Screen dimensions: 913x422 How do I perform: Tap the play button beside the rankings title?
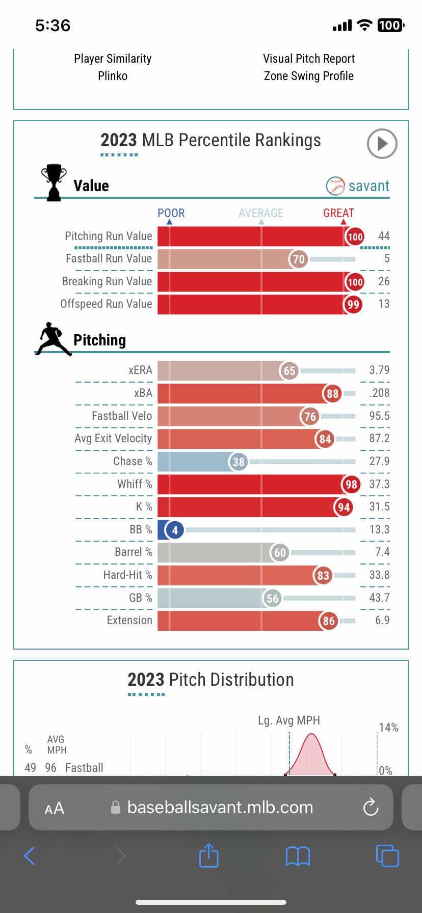[x=382, y=144]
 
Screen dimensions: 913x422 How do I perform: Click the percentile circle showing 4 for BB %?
[x=175, y=530]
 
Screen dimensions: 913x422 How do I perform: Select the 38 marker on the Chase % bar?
[x=239, y=462]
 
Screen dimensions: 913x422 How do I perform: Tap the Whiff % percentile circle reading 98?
[x=351, y=485]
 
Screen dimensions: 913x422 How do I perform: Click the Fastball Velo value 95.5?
[x=379, y=416]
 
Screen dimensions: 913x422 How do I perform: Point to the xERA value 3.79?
[x=379, y=370]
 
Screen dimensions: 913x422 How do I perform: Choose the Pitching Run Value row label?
[x=108, y=236]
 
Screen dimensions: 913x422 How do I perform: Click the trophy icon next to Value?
[x=53, y=182]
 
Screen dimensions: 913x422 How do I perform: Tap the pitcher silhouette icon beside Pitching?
[x=53, y=339]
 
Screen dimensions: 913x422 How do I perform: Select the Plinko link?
[x=113, y=76]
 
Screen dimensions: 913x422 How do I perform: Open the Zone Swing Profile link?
[x=308, y=76]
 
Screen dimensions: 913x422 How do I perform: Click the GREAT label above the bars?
[x=338, y=213]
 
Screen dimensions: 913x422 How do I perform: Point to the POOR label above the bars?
[x=171, y=213]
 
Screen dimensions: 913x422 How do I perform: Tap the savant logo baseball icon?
[x=335, y=186]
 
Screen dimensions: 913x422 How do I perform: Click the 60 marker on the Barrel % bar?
[x=280, y=553]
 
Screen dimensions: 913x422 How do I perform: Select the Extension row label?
[x=129, y=621]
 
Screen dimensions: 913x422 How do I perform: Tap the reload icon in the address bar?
[x=371, y=807]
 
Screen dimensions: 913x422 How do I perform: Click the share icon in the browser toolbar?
[x=208, y=855]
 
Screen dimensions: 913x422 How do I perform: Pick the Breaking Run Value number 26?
[x=383, y=282]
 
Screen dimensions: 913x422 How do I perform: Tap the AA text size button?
[x=54, y=808]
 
